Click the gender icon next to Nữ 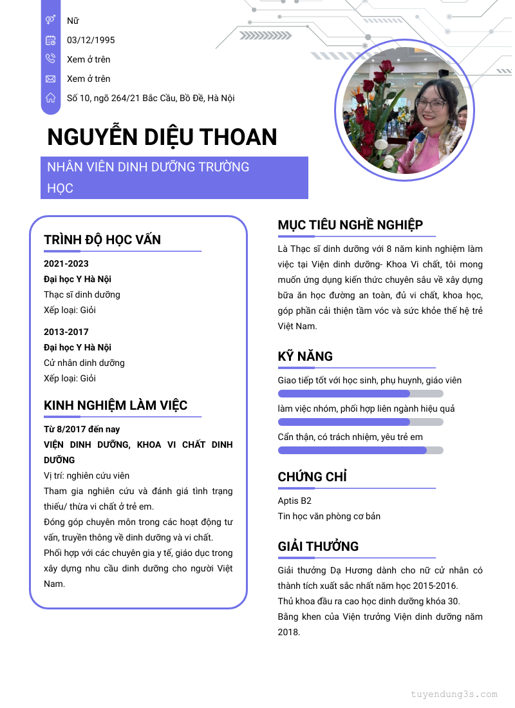tap(50, 21)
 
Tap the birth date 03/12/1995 tap(91, 40)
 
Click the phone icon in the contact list tap(50, 59)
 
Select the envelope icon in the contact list tap(50, 79)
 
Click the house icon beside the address tap(50, 98)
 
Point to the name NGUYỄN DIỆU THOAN tap(162, 137)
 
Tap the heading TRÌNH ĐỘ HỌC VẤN tap(102, 240)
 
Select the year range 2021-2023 tap(66, 263)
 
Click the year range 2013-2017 tap(66, 332)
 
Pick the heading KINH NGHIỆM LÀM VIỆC tap(116, 405)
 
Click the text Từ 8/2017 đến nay tap(82, 429)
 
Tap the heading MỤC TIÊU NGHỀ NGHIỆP tap(350, 225)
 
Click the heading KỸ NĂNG tap(305, 356)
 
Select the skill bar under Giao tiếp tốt tap(360, 394)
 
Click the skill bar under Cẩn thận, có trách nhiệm tap(360, 450)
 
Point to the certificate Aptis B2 tap(295, 501)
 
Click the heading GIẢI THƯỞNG tap(318, 546)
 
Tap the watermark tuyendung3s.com tap(454, 694)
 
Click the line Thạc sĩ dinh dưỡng tap(82, 294)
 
